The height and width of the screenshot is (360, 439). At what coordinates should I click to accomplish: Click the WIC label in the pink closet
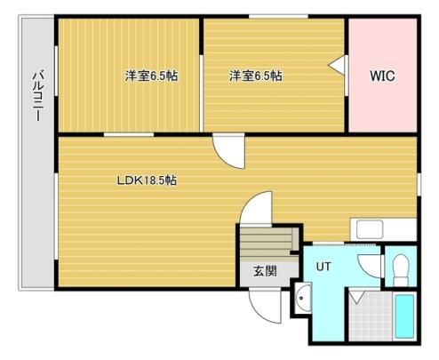pyautogui.click(x=382, y=76)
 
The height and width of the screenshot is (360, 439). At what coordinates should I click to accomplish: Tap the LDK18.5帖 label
pyautogui.click(x=147, y=180)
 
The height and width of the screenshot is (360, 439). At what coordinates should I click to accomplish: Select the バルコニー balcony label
pyautogui.click(x=38, y=95)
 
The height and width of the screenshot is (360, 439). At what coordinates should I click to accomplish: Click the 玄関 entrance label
pyautogui.click(x=265, y=271)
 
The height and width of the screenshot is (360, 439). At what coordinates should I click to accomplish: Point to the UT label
pyautogui.click(x=323, y=267)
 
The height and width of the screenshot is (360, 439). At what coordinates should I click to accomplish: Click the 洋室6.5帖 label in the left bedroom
pyautogui.click(x=151, y=76)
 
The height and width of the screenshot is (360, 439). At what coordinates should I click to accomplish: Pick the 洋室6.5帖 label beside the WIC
pyautogui.click(x=256, y=76)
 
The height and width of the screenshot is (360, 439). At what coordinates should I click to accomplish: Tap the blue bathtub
pyautogui.click(x=404, y=316)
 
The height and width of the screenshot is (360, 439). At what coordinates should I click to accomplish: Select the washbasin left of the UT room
pyautogui.click(x=303, y=298)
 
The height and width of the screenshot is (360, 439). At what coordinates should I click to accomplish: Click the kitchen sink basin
pyautogui.click(x=370, y=230)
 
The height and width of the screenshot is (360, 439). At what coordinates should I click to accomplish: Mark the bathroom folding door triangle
pyautogui.click(x=357, y=297)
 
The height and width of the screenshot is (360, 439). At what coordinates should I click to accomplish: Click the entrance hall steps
pyautogui.click(x=266, y=243)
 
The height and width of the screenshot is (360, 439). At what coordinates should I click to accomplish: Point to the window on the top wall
pyautogui.click(x=278, y=16)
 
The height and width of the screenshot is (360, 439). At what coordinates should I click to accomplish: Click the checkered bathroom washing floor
pyautogui.click(x=371, y=316)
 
